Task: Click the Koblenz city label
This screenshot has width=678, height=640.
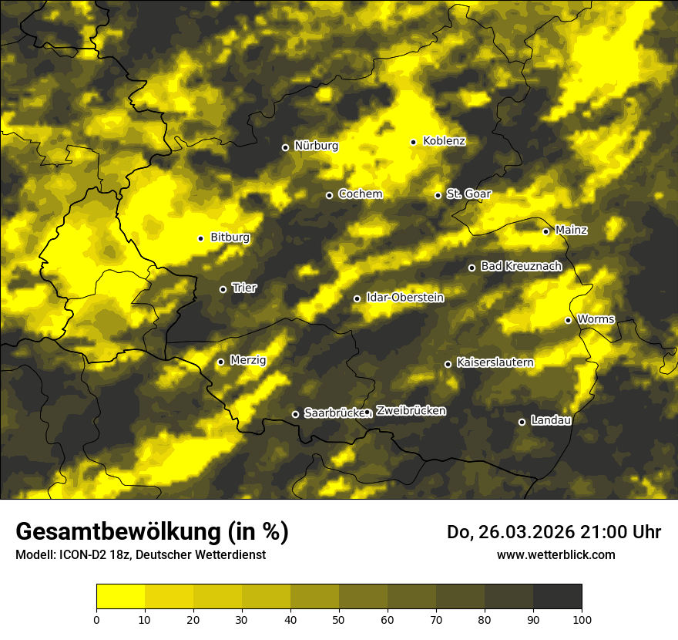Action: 444,141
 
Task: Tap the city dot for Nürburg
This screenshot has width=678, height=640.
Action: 285,147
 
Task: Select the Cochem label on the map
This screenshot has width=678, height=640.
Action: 360,194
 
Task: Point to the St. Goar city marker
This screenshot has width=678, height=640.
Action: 438,195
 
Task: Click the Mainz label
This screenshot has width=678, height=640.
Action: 571,230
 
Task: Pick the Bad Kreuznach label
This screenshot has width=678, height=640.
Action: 521,266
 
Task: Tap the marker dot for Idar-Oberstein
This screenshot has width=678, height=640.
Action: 357,298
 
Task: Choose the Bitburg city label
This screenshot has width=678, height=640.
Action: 230,237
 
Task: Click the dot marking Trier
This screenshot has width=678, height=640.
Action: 223,289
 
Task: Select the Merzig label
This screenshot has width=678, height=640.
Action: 247,360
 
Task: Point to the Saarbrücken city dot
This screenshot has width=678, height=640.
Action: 295,414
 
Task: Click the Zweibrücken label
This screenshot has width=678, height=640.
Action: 411,411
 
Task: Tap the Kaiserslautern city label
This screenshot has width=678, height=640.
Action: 495,362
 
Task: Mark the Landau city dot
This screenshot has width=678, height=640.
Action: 522,422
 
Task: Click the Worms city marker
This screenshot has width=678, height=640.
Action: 568,320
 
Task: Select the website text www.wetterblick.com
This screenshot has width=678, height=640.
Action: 555,554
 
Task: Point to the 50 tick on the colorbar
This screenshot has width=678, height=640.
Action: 339,618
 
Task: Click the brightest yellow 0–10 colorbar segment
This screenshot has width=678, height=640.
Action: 120,596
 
